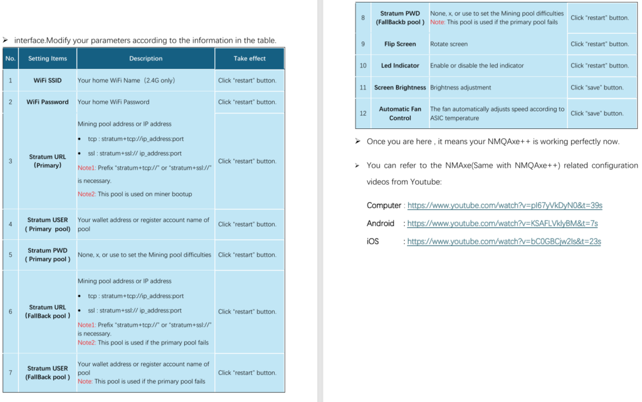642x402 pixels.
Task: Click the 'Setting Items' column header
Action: pyautogui.click(x=47, y=58)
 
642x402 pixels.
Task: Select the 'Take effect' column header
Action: pyautogui.click(x=250, y=58)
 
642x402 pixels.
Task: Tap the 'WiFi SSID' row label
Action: pyautogui.click(x=48, y=80)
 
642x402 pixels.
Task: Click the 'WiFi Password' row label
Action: pyautogui.click(x=48, y=101)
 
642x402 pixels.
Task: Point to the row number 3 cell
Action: pyautogui.click(x=10, y=161)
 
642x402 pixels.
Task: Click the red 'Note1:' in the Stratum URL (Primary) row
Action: pyautogui.click(x=87, y=168)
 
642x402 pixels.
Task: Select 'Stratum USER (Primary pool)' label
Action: pyautogui.click(x=48, y=224)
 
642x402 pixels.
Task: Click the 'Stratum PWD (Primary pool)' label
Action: pyautogui.click(x=48, y=254)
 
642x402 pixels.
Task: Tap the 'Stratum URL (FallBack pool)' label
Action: pyautogui.click(x=48, y=311)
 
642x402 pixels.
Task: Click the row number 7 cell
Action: pyautogui.click(x=10, y=373)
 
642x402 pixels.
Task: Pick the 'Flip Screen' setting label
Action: pyautogui.click(x=400, y=44)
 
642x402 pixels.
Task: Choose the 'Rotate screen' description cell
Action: pyautogui.click(x=449, y=44)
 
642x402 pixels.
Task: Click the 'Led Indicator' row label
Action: pyautogui.click(x=400, y=65)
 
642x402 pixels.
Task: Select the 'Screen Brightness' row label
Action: pyautogui.click(x=400, y=87)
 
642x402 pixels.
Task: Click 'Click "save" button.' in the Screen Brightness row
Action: pyautogui.click(x=597, y=87)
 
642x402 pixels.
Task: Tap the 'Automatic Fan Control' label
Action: pyautogui.click(x=400, y=113)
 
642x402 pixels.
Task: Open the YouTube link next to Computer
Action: pyautogui.click(x=505, y=205)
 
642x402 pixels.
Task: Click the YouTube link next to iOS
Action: pyautogui.click(x=503, y=242)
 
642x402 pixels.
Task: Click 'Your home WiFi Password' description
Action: pyautogui.click(x=113, y=101)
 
